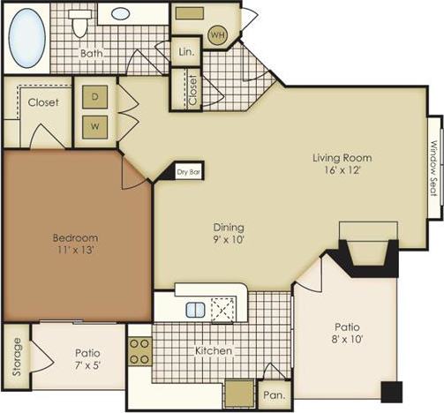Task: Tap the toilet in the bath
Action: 81,23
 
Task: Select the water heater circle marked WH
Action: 218,35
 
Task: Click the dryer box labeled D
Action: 94,95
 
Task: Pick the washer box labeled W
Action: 94,126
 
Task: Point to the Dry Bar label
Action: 190,172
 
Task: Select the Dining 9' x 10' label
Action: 228,233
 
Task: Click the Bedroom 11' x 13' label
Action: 75,244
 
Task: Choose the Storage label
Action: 16,355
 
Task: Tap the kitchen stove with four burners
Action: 140,350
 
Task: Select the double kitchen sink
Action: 196,310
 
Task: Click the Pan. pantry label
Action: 272,395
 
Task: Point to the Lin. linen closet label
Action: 185,52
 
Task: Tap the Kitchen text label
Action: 214,351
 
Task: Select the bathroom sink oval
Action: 121,14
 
